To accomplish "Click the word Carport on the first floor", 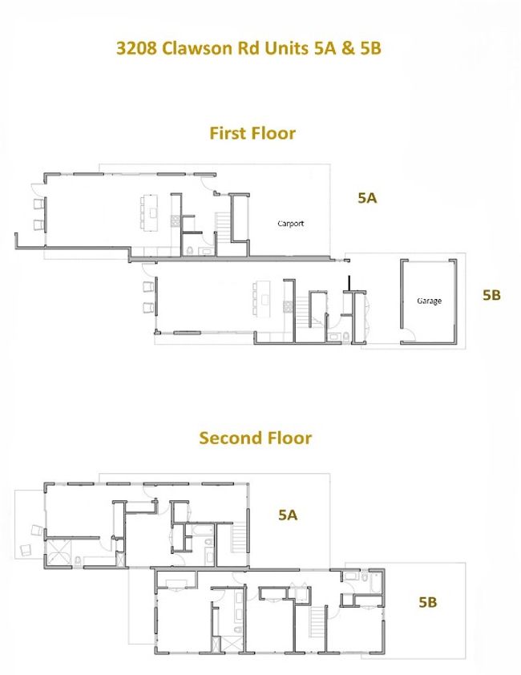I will click(290, 224).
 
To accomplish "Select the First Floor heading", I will click(252, 133).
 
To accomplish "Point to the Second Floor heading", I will click(255, 438).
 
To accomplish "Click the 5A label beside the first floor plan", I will click(367, 198).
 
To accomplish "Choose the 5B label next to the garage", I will click(491, 295).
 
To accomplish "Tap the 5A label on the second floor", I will click(288, 515).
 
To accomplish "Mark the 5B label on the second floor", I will click(428, 602).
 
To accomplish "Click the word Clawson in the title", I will click(199, 47).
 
